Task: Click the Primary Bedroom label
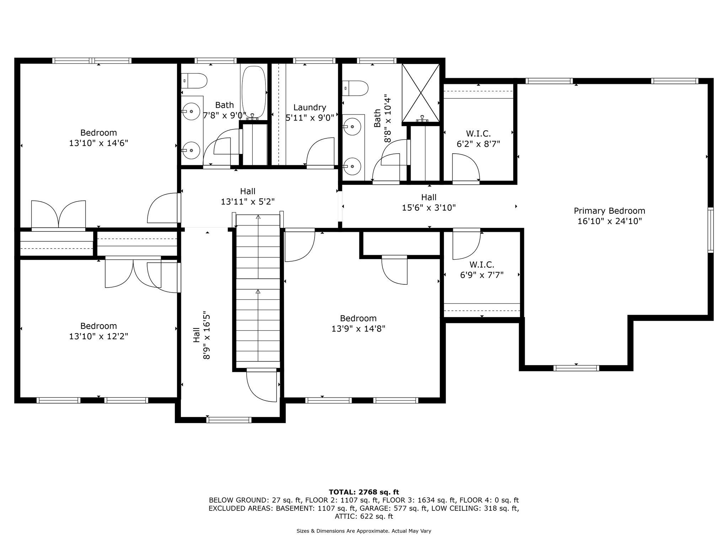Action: click(609, 216)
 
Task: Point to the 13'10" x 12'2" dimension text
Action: click(98, 336)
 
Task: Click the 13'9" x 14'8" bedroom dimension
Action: click(358, 328)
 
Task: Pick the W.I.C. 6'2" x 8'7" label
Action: click(478, 139)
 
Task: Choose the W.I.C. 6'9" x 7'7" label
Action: click(482, 270)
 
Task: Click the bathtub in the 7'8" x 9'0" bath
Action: click(254, 92)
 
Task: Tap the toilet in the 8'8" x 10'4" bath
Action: click(355, 88)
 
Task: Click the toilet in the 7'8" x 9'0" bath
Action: click(194, 81)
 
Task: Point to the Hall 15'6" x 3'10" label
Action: click(429, 202)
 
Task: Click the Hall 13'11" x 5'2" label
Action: click(247, 197)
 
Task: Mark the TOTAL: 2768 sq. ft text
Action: click(364, 492)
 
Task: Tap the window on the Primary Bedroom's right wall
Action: click(711, 230)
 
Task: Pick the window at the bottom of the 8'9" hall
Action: click(229, 420)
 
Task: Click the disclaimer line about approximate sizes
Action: click(364, 531)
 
